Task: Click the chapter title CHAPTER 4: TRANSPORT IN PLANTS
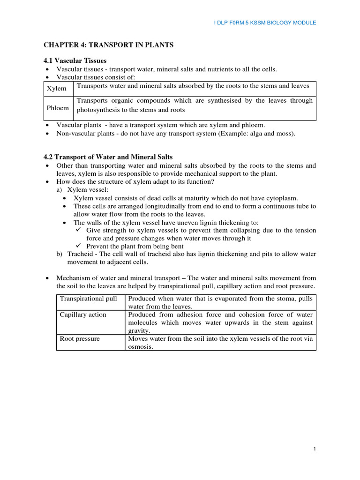coord(109,45)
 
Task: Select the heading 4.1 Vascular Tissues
coord(75,60)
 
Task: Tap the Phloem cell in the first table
coord(58,108)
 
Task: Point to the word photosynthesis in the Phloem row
coord(98,110)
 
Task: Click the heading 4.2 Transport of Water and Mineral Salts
coord(108,157)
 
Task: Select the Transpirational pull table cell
coord(88,298)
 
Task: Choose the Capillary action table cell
coord(83,314)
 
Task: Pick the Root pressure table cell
coord(80,338)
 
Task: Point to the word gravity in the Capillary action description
coord(139,330)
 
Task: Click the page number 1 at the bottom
coord(315,449)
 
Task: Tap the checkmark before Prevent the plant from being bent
coord(79,246)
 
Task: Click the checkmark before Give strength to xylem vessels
coord(79,230)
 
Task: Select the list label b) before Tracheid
coord(60,254)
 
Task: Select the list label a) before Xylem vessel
coord(60,190)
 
